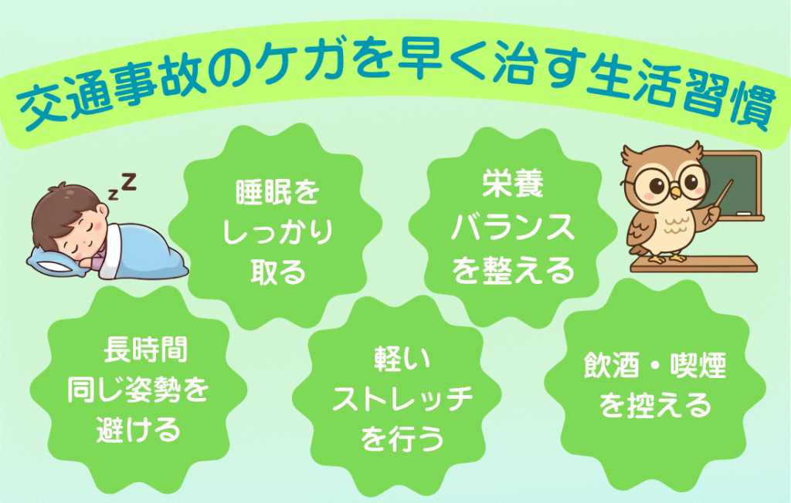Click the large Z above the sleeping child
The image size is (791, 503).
click(x=129, y=181)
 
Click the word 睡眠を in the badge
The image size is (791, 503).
click(x=277, y=192)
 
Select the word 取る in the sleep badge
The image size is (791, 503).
click(x=278, y=272)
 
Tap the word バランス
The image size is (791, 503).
click(x=513, y=227)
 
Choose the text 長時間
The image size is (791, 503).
click(x=145, y=349)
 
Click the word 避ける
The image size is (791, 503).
click(x=138, y=430)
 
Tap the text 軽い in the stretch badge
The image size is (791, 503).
click(x=402, y=359)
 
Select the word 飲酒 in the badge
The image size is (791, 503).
click(x=612, y=366)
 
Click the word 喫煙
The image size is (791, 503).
click(x=698, y=366)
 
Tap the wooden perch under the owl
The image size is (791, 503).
click(x=693, y=264)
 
